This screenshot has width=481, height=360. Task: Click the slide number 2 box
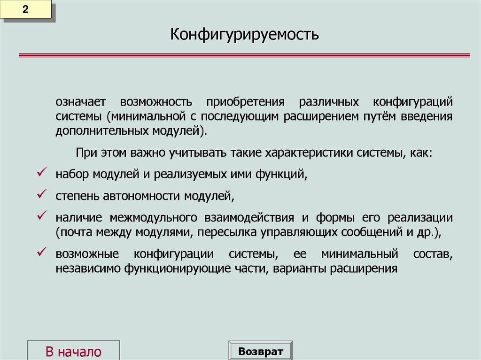(27, 10)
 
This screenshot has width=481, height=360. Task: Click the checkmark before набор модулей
(40, 173)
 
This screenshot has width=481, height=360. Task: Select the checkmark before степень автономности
(40, 193)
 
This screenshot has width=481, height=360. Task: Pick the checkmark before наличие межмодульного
(40, 215)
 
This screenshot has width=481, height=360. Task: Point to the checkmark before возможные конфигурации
(40, 252)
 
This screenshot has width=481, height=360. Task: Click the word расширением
(320, 116)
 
